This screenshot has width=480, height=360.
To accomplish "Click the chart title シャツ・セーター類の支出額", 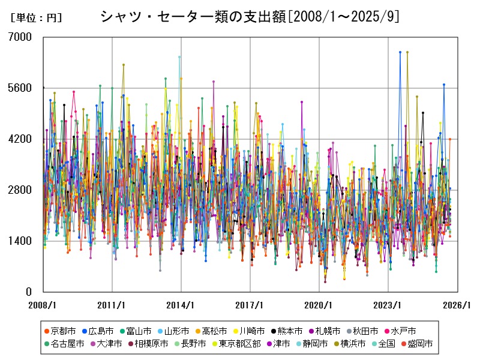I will (249, 17).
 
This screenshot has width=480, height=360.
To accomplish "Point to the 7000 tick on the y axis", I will (20, 37).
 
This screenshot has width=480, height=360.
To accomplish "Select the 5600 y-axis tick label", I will (20, 88).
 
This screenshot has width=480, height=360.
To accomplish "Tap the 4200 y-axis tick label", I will (20, 139).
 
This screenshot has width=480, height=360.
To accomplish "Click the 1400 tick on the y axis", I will (20, 241).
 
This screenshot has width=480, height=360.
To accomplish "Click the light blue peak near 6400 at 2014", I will (179, 58).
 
